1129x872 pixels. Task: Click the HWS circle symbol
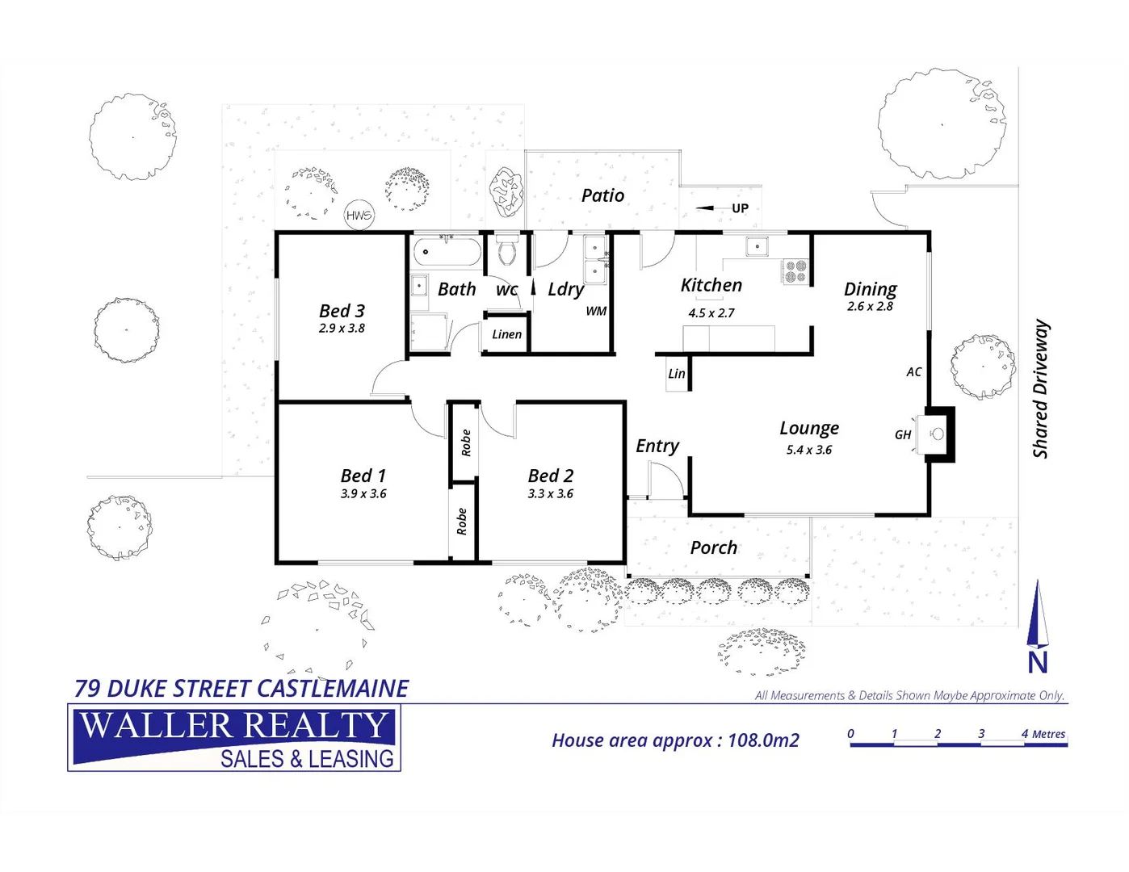coord(359,215)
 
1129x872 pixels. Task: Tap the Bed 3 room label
coord(342,311)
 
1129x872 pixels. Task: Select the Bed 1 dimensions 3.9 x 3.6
coord(363,494)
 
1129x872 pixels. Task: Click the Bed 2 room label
coord(551,476)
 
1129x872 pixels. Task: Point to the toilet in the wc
coord(507,250)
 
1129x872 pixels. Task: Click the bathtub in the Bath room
coord(447,252)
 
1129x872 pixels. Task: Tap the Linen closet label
coord(506,334)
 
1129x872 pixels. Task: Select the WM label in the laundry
coord(596,312)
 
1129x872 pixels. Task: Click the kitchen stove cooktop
coord(795,271)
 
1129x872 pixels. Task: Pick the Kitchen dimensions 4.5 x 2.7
coord(711,313)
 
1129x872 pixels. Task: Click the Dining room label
coord(870,289)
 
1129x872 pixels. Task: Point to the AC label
coord(913,372)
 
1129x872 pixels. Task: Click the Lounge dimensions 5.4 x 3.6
coord(808,451)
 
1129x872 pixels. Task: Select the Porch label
coord(713,547)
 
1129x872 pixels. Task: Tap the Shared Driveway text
coord(1041,389)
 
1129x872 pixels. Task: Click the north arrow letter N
coord(1038,663)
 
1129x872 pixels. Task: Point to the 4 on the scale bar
coord(1024,734)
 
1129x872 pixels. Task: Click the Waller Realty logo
coord(234,738)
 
